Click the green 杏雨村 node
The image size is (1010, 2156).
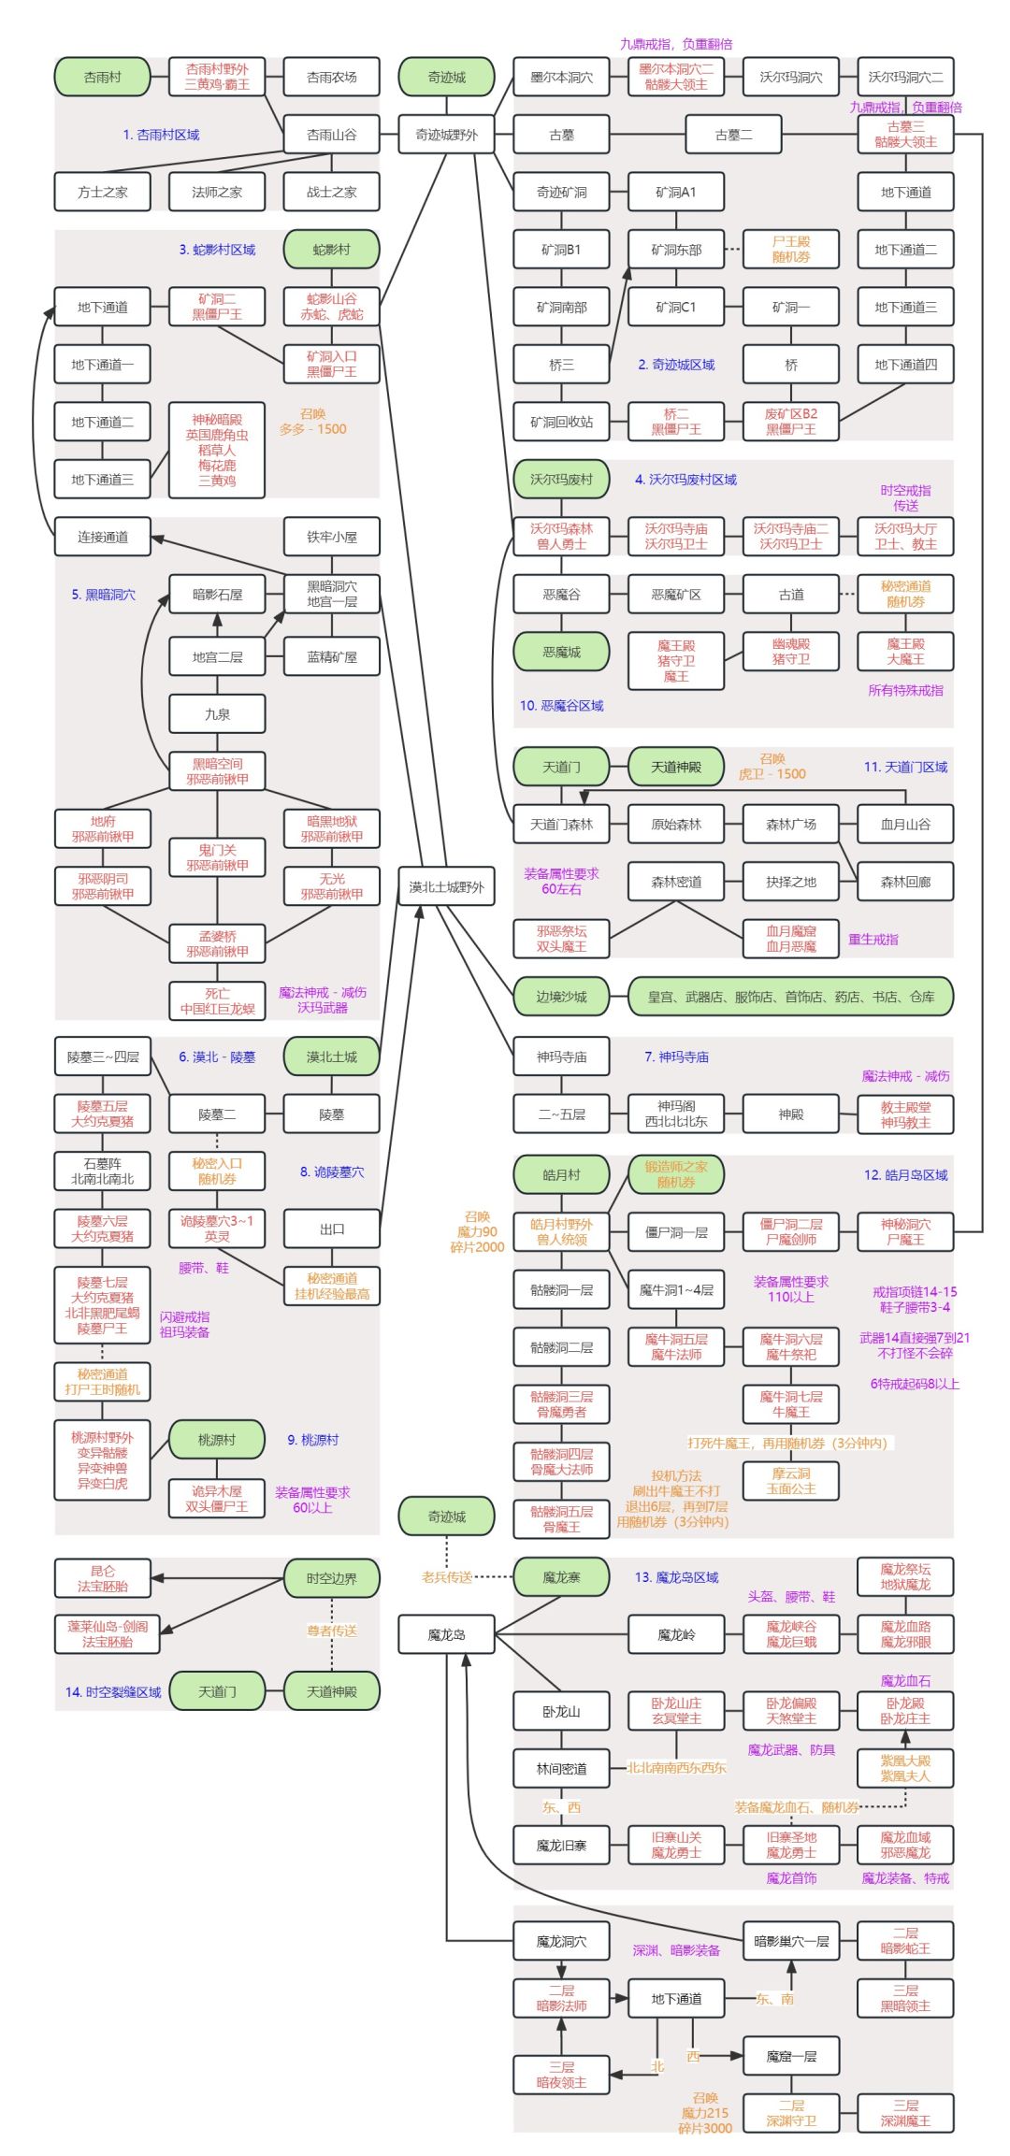[x=102, y=77]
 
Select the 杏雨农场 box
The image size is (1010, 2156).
[x=331, y=77]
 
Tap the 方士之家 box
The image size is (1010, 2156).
[x=102, y=192]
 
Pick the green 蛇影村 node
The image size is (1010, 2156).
[x=331, y=250]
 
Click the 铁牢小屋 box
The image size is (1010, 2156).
[x=331, y=537]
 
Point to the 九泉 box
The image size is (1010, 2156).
[x=217, y=714]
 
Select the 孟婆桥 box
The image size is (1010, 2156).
[x=217, y=943]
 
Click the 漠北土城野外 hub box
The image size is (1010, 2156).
[x=446, y=886]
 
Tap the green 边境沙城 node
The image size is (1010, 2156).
[x=561, y=997]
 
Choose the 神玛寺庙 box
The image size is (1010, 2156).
[x=561, y=1056]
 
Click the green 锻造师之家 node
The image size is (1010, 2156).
[x=675, y=1174]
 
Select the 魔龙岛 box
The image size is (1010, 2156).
[x=446, y=1635]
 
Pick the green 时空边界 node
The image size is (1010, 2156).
[x=331, y=1578]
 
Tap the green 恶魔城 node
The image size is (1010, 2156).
[x=561, y=652]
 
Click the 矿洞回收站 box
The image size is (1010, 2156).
[x=561, y=422]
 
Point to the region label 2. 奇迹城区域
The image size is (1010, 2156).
[x=676, y=365]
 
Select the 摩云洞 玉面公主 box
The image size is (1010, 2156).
[x=790, y=1481]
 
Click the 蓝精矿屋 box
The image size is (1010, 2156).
[x=331, y=656]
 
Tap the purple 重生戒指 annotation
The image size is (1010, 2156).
[x=873, y=940]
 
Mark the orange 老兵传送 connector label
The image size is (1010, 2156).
[x=446, y=1577]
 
